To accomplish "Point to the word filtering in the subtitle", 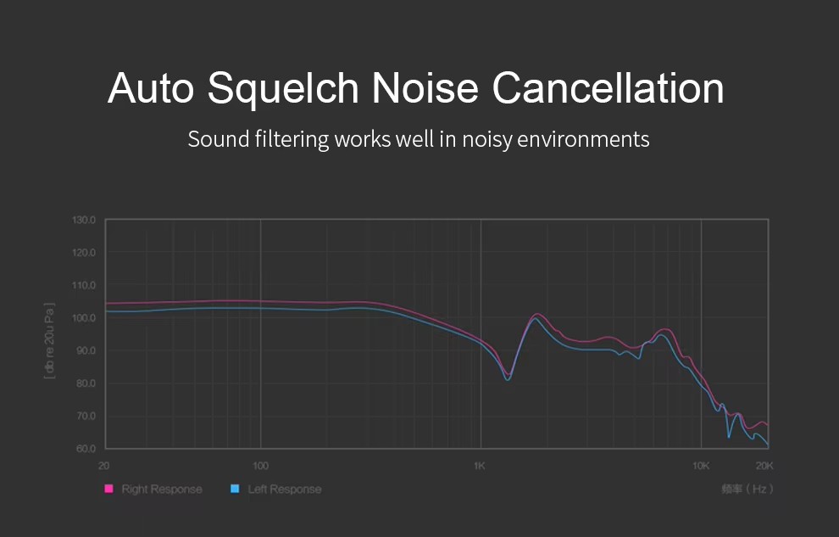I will (x=286, y=139).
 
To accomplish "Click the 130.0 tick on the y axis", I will (x=86, y=221).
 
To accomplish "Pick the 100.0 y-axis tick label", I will (x=86, y=318).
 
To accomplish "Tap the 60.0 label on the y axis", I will (x=87, y=449).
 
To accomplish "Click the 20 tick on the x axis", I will (x=104, y=466).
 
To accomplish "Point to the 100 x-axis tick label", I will (x=260, y=466).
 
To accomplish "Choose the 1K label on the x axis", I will (x=479, y=466).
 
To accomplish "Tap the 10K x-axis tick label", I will (x=700, y=466).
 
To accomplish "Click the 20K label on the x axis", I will (x=764, y=466).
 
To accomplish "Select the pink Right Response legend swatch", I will (x=108, y=489).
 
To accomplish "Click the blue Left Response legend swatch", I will (x=235, y=489).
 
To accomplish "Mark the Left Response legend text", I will (x=285, y=489).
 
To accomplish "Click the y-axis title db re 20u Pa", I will (x=49, y=339).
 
